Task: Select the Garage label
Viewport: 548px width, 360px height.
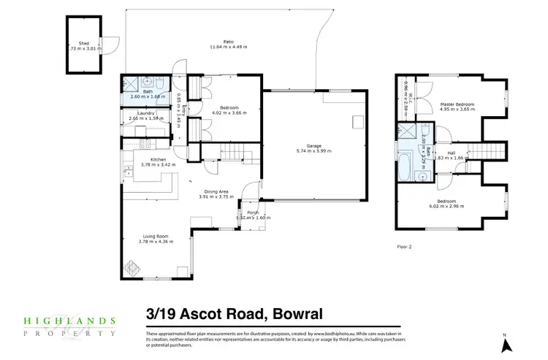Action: coord(314,145)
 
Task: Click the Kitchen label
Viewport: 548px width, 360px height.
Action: coord(159,159)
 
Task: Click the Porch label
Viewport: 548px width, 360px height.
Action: coord(254,212)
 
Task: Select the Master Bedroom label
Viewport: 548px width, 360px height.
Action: coord(457,104)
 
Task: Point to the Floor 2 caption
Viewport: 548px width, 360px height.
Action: coord(404,247)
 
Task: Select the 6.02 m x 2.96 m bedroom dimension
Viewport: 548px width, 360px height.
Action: coord(446,207)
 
